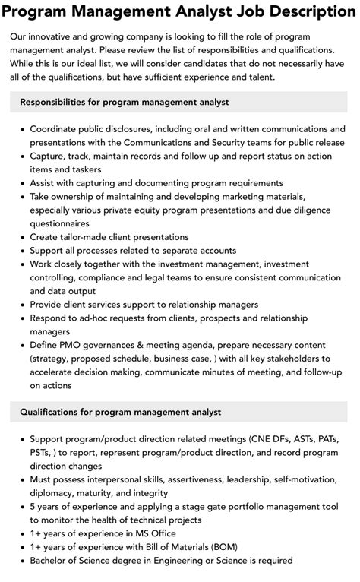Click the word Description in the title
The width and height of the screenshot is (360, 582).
(x=300, y=11)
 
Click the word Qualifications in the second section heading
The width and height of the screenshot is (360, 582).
(x=55, y=412)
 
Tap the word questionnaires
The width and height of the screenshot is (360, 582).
(x=60, y=224)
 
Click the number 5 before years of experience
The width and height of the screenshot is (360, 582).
(x=33, y=507)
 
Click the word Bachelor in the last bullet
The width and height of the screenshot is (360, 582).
(x=52, y=561)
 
